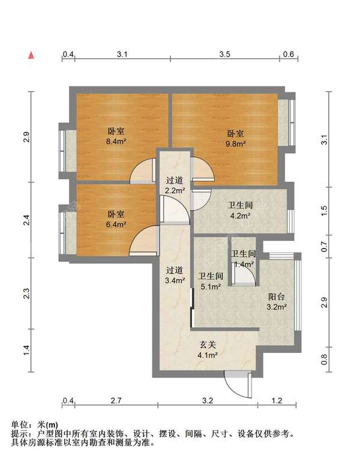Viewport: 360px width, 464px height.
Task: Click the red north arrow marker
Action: (31, 55)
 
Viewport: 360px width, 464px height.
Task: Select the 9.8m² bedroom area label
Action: (236, 139)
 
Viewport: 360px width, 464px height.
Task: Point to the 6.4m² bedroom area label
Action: (116, 219)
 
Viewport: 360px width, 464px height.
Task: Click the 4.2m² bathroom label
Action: (240, 210)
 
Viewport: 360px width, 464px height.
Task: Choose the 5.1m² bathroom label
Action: (211, 281)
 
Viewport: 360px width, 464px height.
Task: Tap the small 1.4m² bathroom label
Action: (244, 259)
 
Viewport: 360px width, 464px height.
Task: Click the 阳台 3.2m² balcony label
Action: (277, 301)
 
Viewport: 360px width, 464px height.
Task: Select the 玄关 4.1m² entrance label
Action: (208, 349)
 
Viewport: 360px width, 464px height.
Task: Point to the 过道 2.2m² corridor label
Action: (175, 185)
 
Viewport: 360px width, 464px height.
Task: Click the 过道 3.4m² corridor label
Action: (175, 275)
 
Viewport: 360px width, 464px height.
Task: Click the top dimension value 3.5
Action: (225, 54)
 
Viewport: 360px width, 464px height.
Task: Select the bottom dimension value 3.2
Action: (208, 401)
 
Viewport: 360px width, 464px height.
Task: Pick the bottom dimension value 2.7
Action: (116, 401)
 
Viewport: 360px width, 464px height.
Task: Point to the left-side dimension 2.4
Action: (26, 220)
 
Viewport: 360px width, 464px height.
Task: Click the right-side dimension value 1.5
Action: (325, 211)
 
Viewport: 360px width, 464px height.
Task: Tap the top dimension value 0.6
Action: (289, 54)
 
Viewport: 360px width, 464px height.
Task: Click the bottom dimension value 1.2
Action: (277, 401)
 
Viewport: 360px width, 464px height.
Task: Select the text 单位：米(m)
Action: (35, 425)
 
